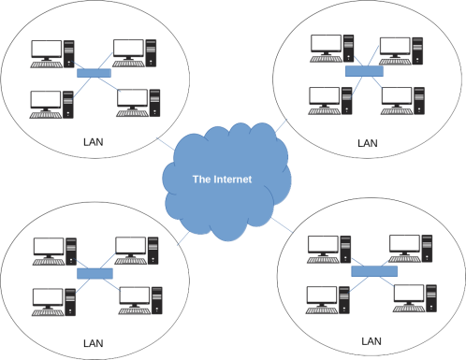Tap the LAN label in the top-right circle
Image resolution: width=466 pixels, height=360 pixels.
(x=368, y=144)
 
